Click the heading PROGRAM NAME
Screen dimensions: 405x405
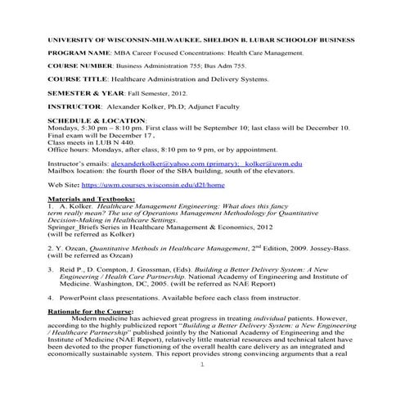pyautogui.click(x=79, y=52)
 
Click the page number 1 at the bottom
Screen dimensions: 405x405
pyautogui.click(x=202, y=388)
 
